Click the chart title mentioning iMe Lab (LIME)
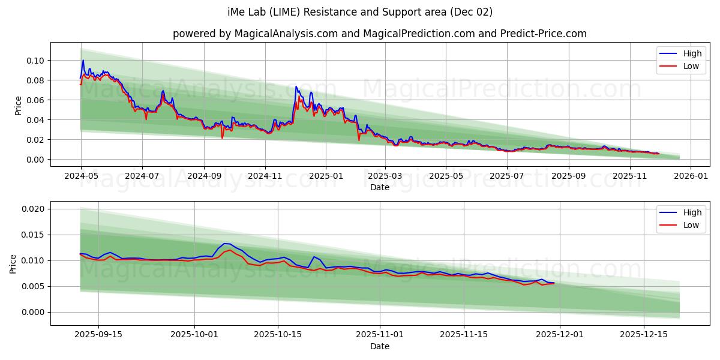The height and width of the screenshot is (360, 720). [360, 12]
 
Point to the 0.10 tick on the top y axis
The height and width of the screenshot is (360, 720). [35, 61]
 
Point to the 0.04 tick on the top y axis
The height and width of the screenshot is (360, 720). [35, 120]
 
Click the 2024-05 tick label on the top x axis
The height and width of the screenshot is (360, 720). [81, 176]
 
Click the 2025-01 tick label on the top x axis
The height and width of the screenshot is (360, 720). [326, 176]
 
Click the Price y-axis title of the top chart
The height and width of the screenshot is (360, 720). [18, 105]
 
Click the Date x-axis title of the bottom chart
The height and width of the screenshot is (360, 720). [379, 346]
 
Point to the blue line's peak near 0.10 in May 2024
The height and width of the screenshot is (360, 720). [83, 60]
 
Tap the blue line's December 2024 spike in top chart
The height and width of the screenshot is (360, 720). [296, 87]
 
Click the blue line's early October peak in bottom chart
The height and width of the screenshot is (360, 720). [225, 244]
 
